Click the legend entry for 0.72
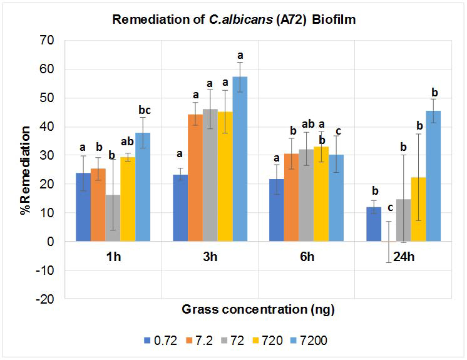(162, 341)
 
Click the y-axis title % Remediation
(25, 170)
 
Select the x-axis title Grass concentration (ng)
(259, 309)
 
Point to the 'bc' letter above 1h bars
(145, 110)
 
